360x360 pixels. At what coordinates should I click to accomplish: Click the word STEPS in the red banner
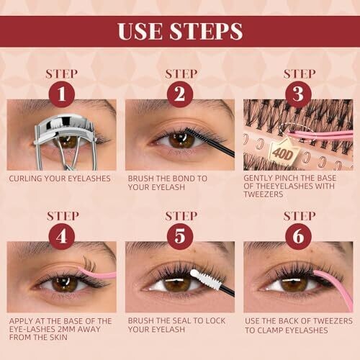pos(206,31)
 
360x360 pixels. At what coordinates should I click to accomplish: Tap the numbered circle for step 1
pos(62,94)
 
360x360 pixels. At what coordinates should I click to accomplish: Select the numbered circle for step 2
pos(180,94)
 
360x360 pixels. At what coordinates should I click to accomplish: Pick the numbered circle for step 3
pos(298,94)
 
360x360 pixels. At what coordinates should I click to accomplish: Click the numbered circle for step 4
pos(62,236)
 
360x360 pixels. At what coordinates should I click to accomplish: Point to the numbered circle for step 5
pos(180,236)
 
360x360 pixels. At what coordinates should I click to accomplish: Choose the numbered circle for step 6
pos(298,236)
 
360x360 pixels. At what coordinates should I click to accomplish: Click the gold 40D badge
pos(283,153)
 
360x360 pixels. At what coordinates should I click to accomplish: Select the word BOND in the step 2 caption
pos(184,179)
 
